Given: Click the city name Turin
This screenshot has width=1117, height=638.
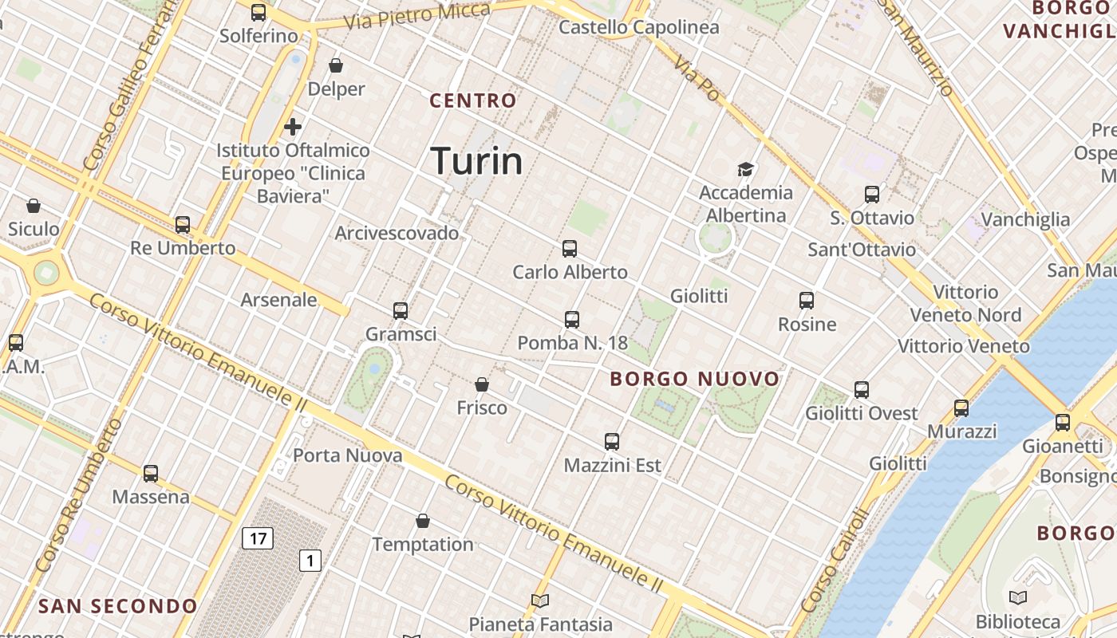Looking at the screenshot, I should (476, 161).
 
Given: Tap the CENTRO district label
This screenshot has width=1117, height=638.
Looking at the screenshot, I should (473, 101).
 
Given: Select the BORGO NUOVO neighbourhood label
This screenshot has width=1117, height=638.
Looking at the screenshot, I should (694, 379).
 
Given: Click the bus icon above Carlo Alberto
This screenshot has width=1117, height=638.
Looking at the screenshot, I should (570, 248).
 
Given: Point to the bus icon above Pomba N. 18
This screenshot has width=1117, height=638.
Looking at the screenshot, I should (572, 320).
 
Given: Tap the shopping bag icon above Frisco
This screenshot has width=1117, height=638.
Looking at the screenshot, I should (482, 384).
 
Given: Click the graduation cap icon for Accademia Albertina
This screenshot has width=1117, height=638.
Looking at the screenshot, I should (745, 169).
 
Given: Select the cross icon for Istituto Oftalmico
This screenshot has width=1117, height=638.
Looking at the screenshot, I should (293, 127).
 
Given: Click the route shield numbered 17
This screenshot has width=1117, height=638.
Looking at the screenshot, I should (258, 538).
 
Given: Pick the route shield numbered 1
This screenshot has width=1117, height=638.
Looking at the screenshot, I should (310, 561).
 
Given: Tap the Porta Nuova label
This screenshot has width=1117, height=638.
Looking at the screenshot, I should (348, 455).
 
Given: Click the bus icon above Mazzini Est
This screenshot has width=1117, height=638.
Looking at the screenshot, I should (612, 441).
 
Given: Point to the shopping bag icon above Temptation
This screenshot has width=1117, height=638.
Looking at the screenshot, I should (423, 521).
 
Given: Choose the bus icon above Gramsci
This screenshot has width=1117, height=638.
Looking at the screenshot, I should (401, 310).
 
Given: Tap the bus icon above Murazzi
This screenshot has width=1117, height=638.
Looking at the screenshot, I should (961, 408).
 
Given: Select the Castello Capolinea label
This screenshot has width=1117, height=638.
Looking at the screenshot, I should (638, 28).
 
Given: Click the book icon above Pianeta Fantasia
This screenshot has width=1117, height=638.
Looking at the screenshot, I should (540, 601).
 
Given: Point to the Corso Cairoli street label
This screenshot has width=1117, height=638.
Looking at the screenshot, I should (834, 561).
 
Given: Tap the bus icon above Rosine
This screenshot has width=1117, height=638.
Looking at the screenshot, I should (807, 301).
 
